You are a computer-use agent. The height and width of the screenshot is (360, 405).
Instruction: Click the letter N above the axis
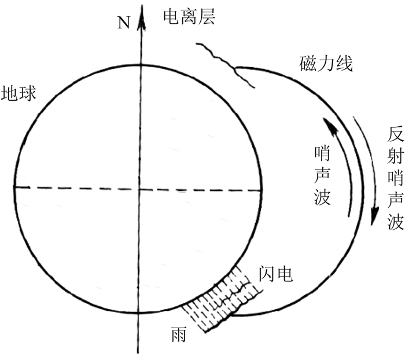click(123, 23)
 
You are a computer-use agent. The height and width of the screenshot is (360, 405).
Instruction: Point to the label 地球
click(19, 93)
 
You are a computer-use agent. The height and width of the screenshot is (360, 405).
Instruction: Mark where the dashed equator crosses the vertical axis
click(139, 171)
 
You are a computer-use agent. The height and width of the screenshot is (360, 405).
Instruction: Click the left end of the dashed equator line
click(15, 171)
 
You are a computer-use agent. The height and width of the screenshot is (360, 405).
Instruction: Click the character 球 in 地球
click(28, 93)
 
